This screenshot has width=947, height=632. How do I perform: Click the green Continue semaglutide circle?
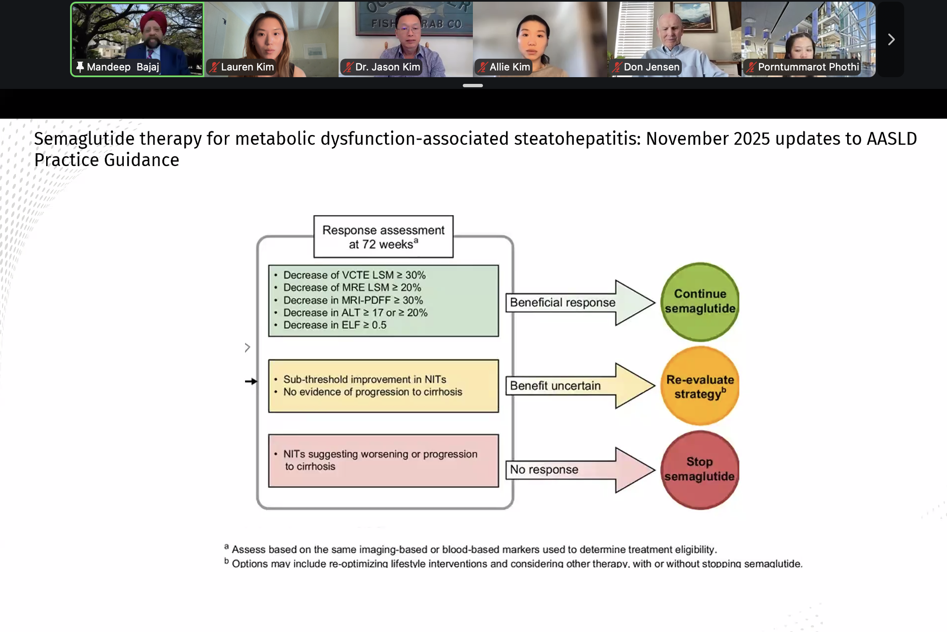point(699,302)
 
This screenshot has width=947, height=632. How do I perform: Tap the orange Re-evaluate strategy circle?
point(699,386)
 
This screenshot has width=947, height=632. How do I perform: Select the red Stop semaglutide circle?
point(699,470)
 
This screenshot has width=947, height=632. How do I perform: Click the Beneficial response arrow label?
point(562,302)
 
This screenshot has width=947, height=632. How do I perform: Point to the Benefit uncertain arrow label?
point(555,386)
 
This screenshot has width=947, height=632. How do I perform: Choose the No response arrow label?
point(544,469)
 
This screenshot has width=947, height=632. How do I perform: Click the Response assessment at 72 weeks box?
point(383,237)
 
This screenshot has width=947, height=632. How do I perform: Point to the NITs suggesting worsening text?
point(380,460)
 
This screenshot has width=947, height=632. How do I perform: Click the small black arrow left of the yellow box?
point(251,381)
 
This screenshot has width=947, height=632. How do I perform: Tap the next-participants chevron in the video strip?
point(891,39)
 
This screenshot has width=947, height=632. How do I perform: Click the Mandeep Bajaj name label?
point(123,67)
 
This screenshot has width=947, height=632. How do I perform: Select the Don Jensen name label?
point(651,67)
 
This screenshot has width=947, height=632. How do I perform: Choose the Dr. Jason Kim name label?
point(387,67)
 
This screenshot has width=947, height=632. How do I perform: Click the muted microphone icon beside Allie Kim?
point(483,67)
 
